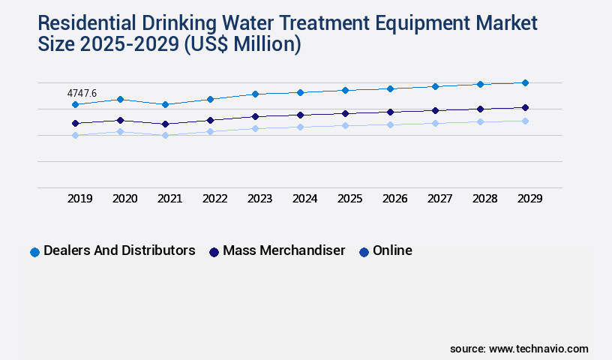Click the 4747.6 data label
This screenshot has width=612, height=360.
pos(82,93)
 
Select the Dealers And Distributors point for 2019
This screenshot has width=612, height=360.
pos(75,104)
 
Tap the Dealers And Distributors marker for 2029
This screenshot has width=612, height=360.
pos(525,82)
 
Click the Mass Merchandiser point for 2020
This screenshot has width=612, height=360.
pos(120,120)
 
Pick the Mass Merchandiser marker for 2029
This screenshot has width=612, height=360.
pos(525,107)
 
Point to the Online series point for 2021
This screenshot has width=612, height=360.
pos(165,135)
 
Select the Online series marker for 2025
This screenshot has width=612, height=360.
pos(345,125)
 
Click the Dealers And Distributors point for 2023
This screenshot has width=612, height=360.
pos(255,94)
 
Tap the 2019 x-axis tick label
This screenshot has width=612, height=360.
pos(80,199)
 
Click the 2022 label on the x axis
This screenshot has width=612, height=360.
pos(215,199)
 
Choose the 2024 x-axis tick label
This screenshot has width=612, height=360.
pos(305,199)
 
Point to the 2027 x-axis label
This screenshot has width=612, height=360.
pos(440,199)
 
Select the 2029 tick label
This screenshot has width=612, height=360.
pos(530,199)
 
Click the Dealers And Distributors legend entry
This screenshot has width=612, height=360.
pos(118,250)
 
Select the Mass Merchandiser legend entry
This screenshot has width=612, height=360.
pos(283,250)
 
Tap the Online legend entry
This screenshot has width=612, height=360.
pos(391,250)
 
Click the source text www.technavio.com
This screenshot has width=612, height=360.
pos(538,349)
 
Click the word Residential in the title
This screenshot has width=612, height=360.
pos(84,23)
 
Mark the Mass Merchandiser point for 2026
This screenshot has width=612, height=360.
pos(390,112)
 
